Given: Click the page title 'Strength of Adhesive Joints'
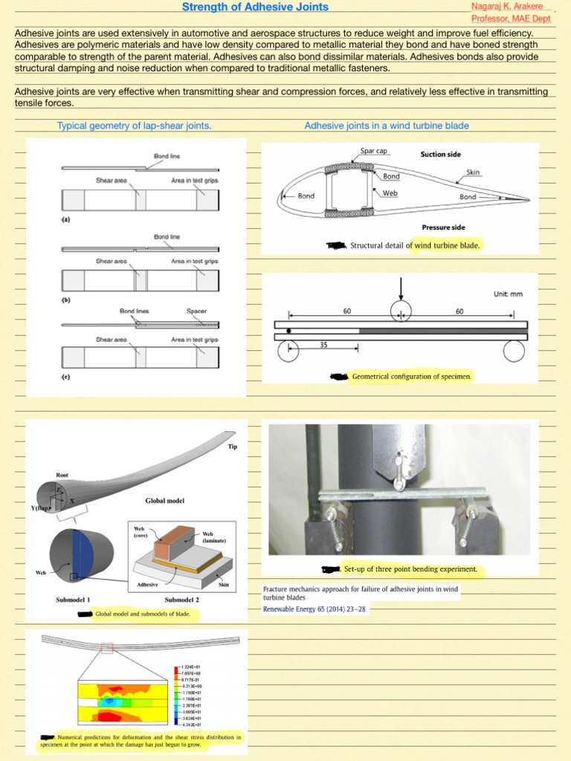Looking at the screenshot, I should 256,7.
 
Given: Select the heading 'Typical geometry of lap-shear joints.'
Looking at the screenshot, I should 135,126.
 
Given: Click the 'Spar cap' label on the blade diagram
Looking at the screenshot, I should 374,151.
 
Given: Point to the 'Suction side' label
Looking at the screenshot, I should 440,155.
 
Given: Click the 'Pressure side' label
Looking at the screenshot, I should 443,227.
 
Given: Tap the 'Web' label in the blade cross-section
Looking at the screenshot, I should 390,192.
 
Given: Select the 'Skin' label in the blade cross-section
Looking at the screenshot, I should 473,172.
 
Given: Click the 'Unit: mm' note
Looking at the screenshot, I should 508,294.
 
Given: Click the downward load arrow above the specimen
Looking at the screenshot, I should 401,288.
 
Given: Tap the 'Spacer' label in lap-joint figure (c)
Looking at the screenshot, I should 197,311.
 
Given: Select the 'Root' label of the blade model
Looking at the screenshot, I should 62,474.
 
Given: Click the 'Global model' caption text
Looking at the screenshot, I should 165,501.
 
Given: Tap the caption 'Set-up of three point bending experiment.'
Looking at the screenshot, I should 410,569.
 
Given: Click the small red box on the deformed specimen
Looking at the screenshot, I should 107,649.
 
